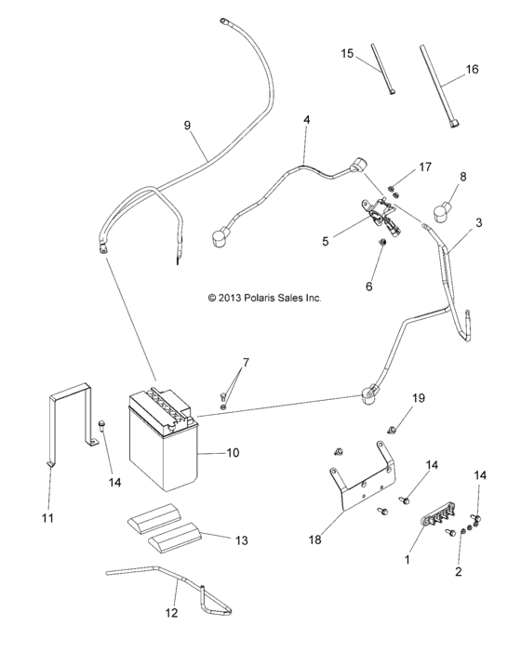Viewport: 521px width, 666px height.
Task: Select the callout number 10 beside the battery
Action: pyautogui.click(x=233, y=453)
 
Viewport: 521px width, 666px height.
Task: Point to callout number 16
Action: pyautogui.click(x=472, y=70)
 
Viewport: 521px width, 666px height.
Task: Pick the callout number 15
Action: pyautogui.click(x=347, y=55)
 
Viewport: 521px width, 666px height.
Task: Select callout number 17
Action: pyautogui.click(x=425, y=167)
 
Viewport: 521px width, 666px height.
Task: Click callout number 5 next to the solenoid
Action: pyautogui.click(x=325, y=241)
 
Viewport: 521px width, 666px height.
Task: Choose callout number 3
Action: pyautogui.click(x=478, y=223)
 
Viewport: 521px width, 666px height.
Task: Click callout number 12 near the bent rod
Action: pyautogui.click(x=170, y=613)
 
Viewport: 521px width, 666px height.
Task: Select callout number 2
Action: pyautogui.click(x=457, y=573)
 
